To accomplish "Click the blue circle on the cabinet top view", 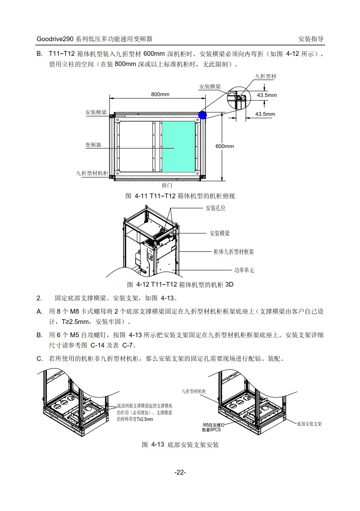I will coord(203,115).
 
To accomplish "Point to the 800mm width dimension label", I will coord(160,94).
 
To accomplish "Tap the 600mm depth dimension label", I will coord(224,146).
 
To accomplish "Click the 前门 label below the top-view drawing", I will coord(167,186).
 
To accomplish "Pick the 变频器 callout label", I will coord(93,145).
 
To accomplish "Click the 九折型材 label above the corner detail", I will coord(266,76).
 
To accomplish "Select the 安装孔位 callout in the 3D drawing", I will coord(215,208).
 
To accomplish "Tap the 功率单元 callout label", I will coord(244,270).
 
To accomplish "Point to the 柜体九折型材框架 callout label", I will coord(234,252).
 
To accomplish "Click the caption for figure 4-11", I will coord(180,196).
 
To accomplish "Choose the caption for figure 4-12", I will coord(180,284).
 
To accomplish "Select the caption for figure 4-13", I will coord(180,445).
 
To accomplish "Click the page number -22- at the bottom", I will coord(180,472).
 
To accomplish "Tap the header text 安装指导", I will coord(311,39).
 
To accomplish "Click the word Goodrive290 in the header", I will coord(55,39).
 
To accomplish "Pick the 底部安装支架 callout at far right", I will coord(309,423).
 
